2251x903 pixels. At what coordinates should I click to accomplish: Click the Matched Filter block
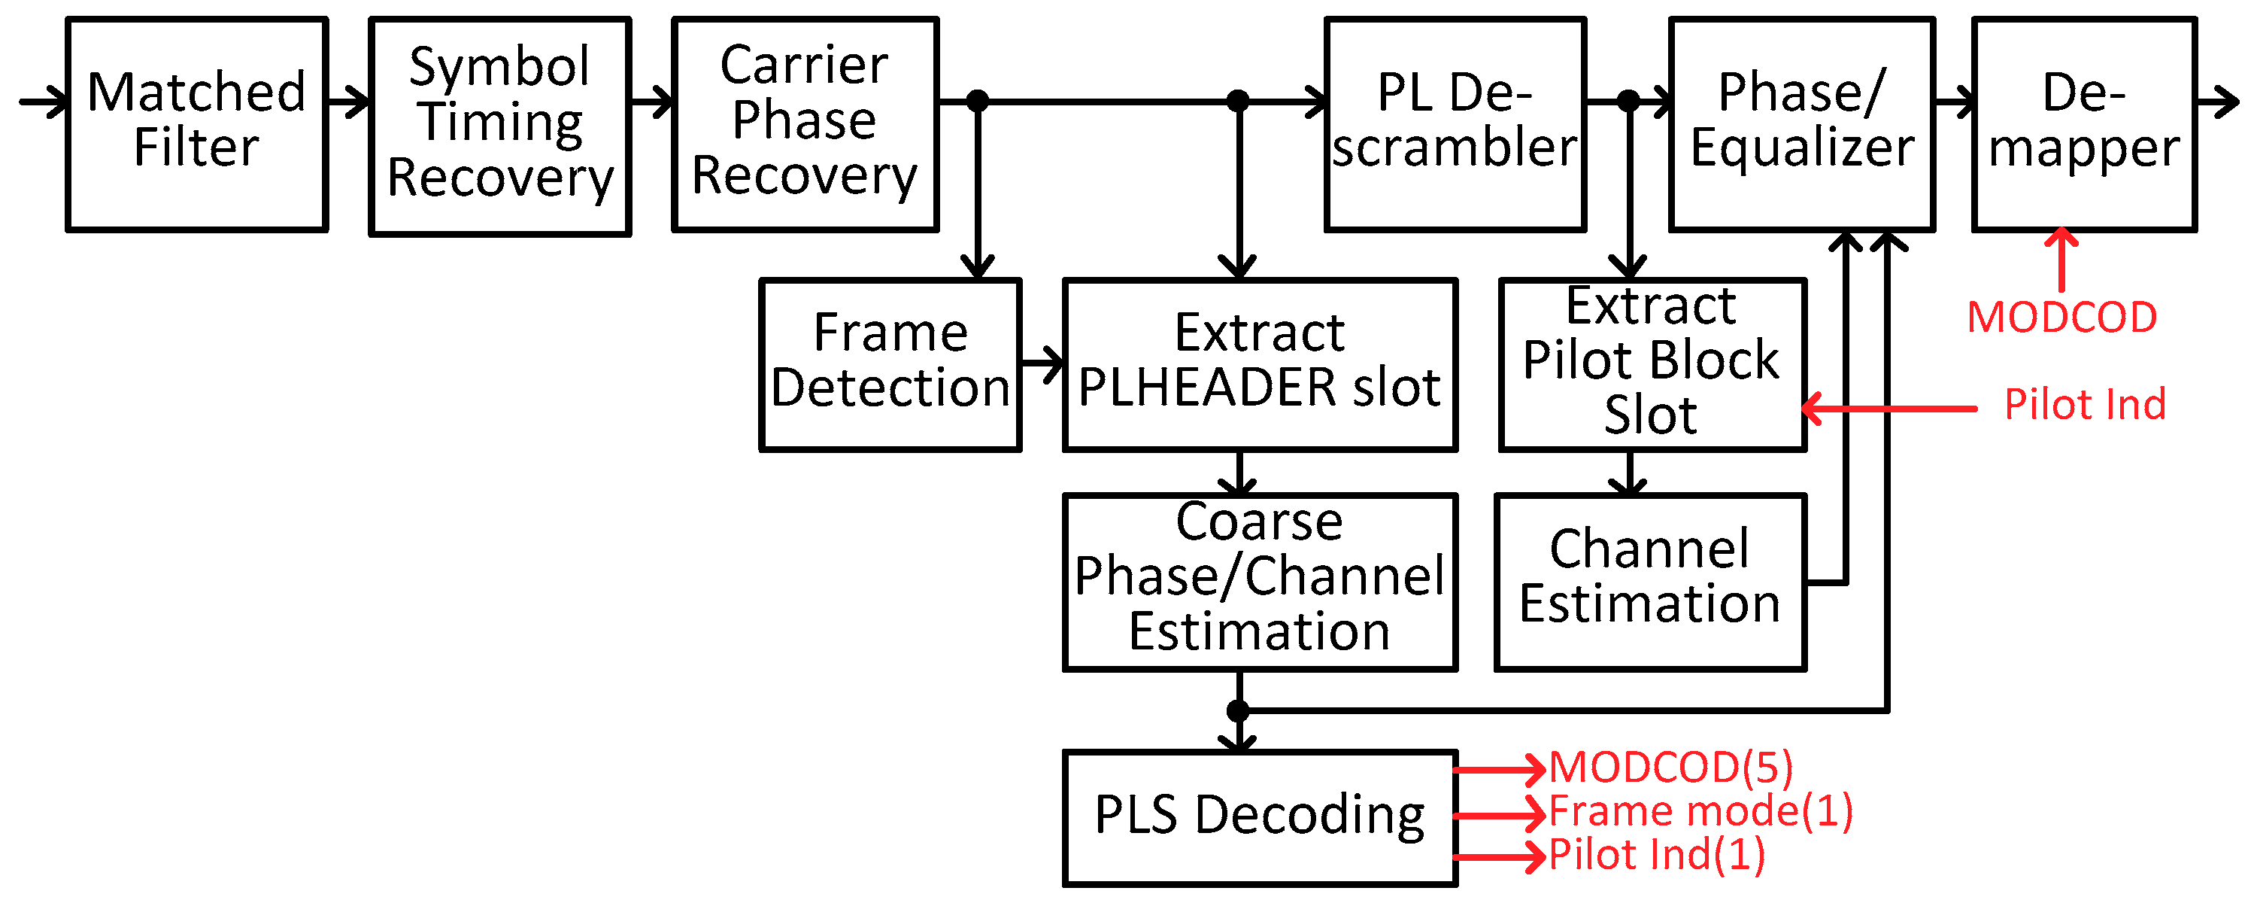pos(196,124)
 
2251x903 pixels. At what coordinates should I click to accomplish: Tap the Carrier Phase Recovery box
pos(805,124)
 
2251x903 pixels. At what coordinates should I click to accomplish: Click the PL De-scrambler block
pos(1455,124)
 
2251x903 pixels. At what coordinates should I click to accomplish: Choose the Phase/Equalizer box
pos(1802,124)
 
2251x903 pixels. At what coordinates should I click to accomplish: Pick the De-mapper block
pos(2084,124)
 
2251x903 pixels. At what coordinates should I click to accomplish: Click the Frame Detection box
pos(890,363)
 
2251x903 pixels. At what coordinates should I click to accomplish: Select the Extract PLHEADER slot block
pos(1259,363)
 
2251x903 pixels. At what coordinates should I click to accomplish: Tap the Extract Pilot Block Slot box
pos(1652,363)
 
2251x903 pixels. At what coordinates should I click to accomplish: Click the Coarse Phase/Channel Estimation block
pos(1259,582)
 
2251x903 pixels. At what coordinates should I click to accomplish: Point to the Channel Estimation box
pos(1650,582)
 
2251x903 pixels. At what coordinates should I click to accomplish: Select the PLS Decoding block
pos(1259,817)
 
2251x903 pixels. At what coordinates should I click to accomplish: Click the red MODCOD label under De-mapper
pos(2061,318)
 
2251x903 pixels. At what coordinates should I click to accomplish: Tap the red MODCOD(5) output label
pos(1671,768)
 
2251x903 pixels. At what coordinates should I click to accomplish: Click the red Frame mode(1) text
pos(1700,811)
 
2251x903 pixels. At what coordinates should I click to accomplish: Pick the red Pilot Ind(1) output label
pos(1657,855)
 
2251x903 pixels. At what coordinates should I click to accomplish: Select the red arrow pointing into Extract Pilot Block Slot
pos(1888,408)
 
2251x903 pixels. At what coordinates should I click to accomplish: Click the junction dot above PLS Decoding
pos(1238,710)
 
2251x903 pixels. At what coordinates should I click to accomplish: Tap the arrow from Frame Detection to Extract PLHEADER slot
pos(1042,361)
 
